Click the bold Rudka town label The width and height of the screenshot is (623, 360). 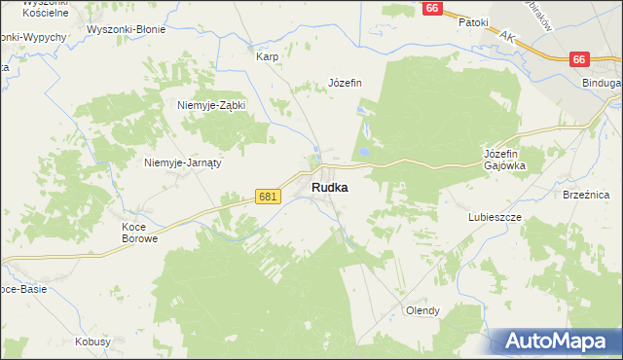(x=330, y=188)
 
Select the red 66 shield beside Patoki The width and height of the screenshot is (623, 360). (x=434, y=8)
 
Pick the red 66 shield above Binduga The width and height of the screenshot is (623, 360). (x=580, y=59)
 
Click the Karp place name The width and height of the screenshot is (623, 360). (x=267, y=56)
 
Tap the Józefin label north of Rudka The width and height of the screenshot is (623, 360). (x=345, y=83)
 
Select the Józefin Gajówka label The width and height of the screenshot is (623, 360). (x=504, y=160)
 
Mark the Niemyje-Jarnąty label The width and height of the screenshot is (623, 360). (x=183, y=162)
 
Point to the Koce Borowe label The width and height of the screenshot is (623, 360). (x=138, y=233)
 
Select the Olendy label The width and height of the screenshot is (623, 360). (x=422, y=310)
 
